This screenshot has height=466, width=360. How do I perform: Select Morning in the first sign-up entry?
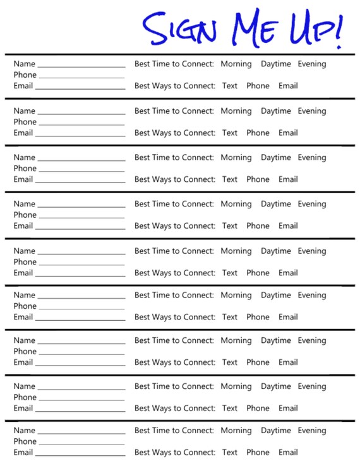[236, 64]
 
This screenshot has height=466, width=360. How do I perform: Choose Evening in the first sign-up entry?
[312, 64]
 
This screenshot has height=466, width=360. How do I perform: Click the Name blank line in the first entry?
[81, 66]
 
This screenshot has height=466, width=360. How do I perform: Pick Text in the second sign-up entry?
[230, 133]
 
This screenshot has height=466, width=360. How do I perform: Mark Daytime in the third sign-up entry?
[275, 157]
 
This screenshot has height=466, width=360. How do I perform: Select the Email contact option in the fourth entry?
[288, 225]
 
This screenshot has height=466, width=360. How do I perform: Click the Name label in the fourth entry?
[24, 204]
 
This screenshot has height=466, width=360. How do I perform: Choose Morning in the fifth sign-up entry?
[236, 251]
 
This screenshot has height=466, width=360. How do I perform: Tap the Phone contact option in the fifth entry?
[258, 273]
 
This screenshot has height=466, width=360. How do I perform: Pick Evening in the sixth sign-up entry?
[312, 295]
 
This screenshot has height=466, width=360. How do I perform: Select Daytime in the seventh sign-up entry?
[275, 340]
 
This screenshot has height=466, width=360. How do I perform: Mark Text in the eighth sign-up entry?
[230, 408]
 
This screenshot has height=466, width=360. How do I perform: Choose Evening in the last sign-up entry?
[312, 431]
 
